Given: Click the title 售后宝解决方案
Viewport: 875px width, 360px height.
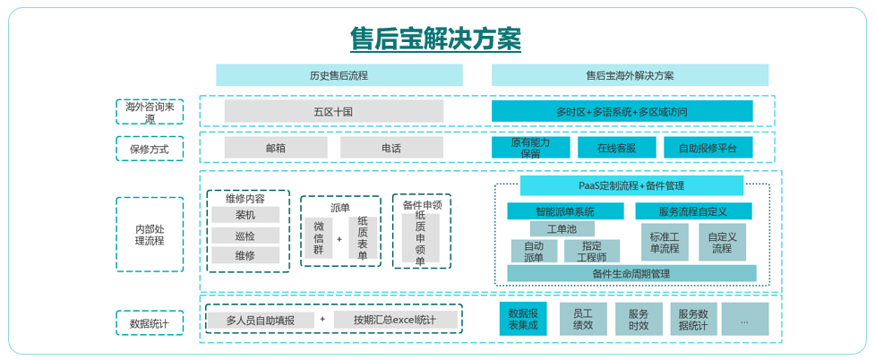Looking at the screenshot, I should click(435, 39).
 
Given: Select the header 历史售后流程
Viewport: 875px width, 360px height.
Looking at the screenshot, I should click(339, 75).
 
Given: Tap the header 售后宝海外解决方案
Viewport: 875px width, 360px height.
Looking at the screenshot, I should click(630, 75).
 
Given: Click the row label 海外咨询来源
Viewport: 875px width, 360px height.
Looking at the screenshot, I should click(150, 111).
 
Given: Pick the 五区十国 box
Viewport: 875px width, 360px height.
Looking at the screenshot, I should click(333, 111).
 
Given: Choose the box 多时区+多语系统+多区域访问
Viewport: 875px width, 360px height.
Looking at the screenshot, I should click(622, 111).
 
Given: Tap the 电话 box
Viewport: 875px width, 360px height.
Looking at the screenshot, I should click(391, 148).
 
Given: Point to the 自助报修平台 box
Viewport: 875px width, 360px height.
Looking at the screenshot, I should click(708, 148).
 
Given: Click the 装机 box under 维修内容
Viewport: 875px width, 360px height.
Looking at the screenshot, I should click(245, 215).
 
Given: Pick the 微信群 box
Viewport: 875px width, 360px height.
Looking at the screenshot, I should click(319, 239).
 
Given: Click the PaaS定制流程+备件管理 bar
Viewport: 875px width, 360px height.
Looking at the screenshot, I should click(631, 185).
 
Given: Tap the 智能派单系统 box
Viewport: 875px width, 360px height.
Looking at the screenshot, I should click(565, 211).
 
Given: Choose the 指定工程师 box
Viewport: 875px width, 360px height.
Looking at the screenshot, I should click(592, 251).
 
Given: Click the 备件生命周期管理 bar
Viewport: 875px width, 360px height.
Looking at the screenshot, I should click(631, 273).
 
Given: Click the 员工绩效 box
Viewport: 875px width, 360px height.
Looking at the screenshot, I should click(582, 319).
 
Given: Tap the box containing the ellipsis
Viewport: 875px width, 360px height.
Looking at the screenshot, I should click(744, 319).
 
